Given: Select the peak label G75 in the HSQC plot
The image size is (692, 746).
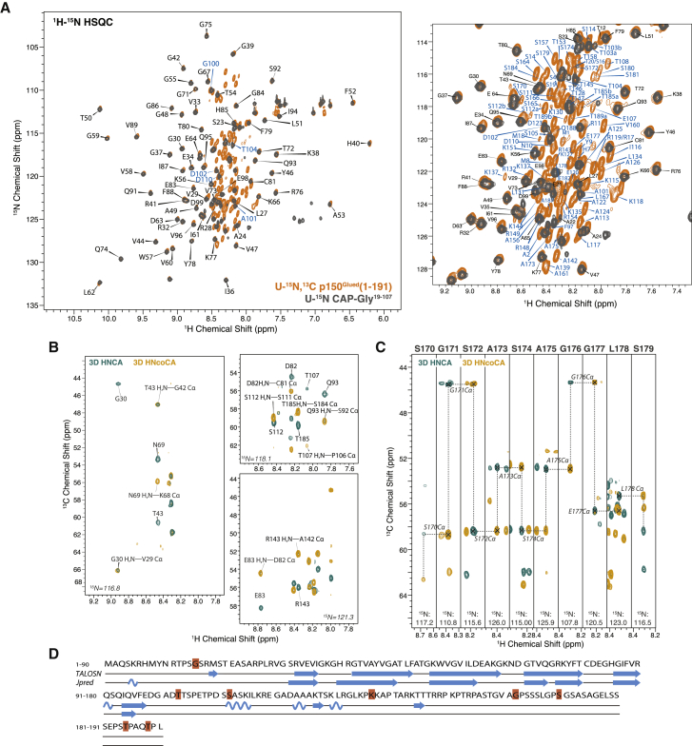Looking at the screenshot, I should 206,24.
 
